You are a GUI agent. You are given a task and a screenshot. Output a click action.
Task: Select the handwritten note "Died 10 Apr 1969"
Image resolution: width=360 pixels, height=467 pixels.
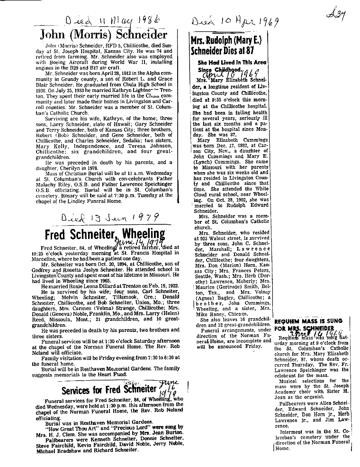coord(234,22)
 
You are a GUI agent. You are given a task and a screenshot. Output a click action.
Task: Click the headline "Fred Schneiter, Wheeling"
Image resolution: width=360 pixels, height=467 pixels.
coord(105,235)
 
